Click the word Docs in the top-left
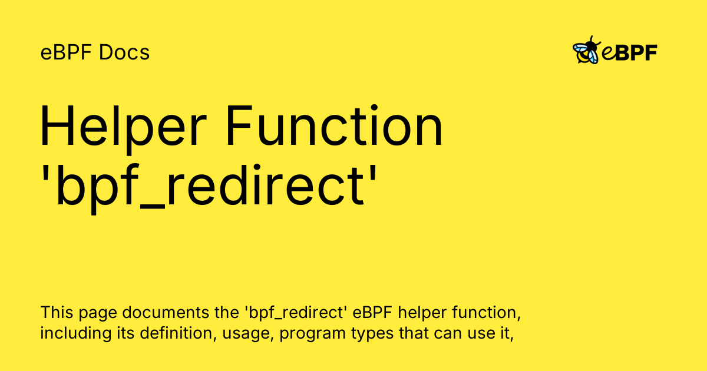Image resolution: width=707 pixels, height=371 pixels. (124, 53)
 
